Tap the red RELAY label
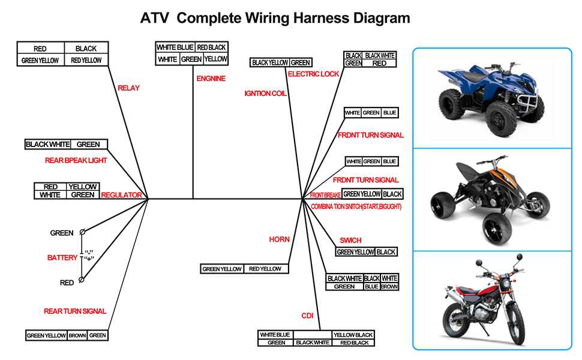coord(128,88)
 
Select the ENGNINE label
coord(211,79)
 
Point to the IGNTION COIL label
coord(265,94)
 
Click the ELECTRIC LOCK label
coord(313,74)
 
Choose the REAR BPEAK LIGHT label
coord(76,161)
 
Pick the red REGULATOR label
coord(121,195)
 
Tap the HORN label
coord(279,239)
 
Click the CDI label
coord(307,316)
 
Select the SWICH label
coord(350,241)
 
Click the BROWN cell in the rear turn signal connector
coord(77,335)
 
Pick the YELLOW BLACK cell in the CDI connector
coord(353,335)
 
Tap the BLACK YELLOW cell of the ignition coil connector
coord(269,62)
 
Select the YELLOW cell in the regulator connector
coord(82,187)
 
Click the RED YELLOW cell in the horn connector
coord(265,269)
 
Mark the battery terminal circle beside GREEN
coord(82,232)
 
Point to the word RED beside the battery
coord(67,283)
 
